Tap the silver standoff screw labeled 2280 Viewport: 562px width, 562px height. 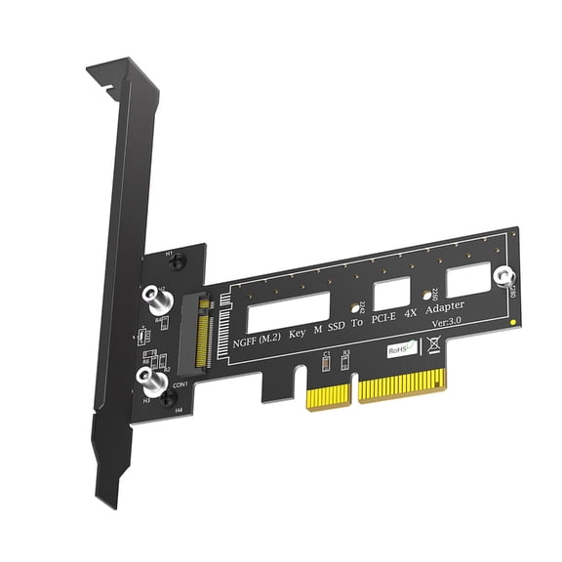[504, 278]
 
